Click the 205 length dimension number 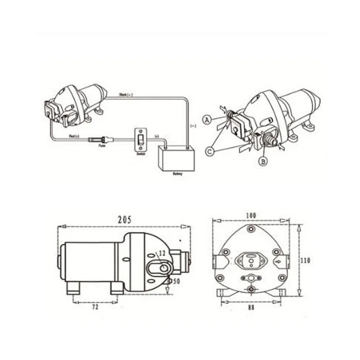tap(125, 220)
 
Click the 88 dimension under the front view tap(251, 307)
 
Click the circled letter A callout tap(207, 119)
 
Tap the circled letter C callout tap(210, 152)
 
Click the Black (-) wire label tap(126, 95)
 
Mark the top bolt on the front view tap(251, 229)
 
